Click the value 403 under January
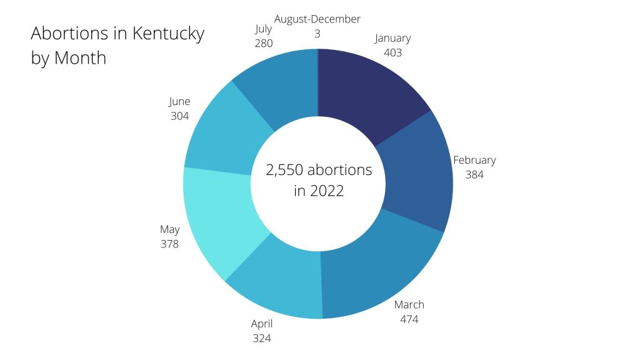tap(393, 53)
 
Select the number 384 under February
tap(474, 175)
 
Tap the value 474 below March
tap(409, 320)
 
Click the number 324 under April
tap(262, 339)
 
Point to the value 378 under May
tap(169, 244)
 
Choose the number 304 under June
tap(179, 116)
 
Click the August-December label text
tap(317, 19)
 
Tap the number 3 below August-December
tap(317, 34)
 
